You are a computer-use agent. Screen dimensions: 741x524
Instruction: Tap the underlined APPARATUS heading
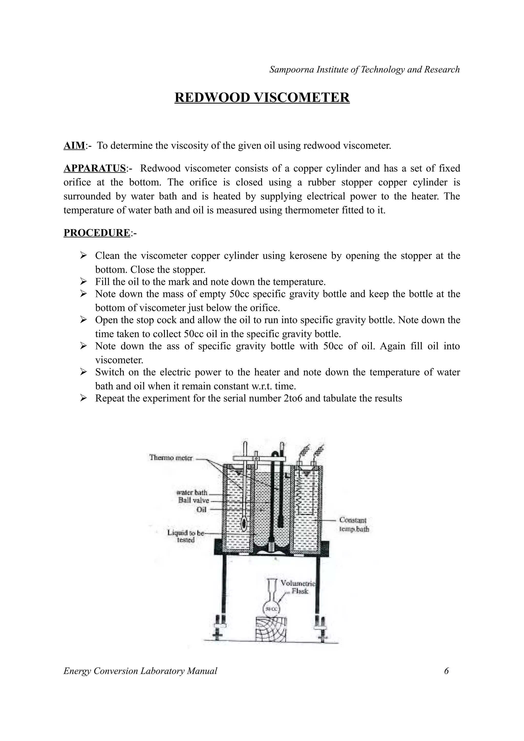[x=94, y=169]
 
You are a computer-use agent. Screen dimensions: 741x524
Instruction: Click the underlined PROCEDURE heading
[x=96, y=233]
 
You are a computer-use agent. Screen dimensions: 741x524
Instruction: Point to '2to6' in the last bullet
[x=293, y=398]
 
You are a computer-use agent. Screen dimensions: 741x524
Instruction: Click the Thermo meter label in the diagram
[x=171, y=458]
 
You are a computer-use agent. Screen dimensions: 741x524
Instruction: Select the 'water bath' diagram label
[x=192, y=492]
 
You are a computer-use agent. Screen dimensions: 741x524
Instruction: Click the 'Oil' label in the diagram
[x=201, y=510]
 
